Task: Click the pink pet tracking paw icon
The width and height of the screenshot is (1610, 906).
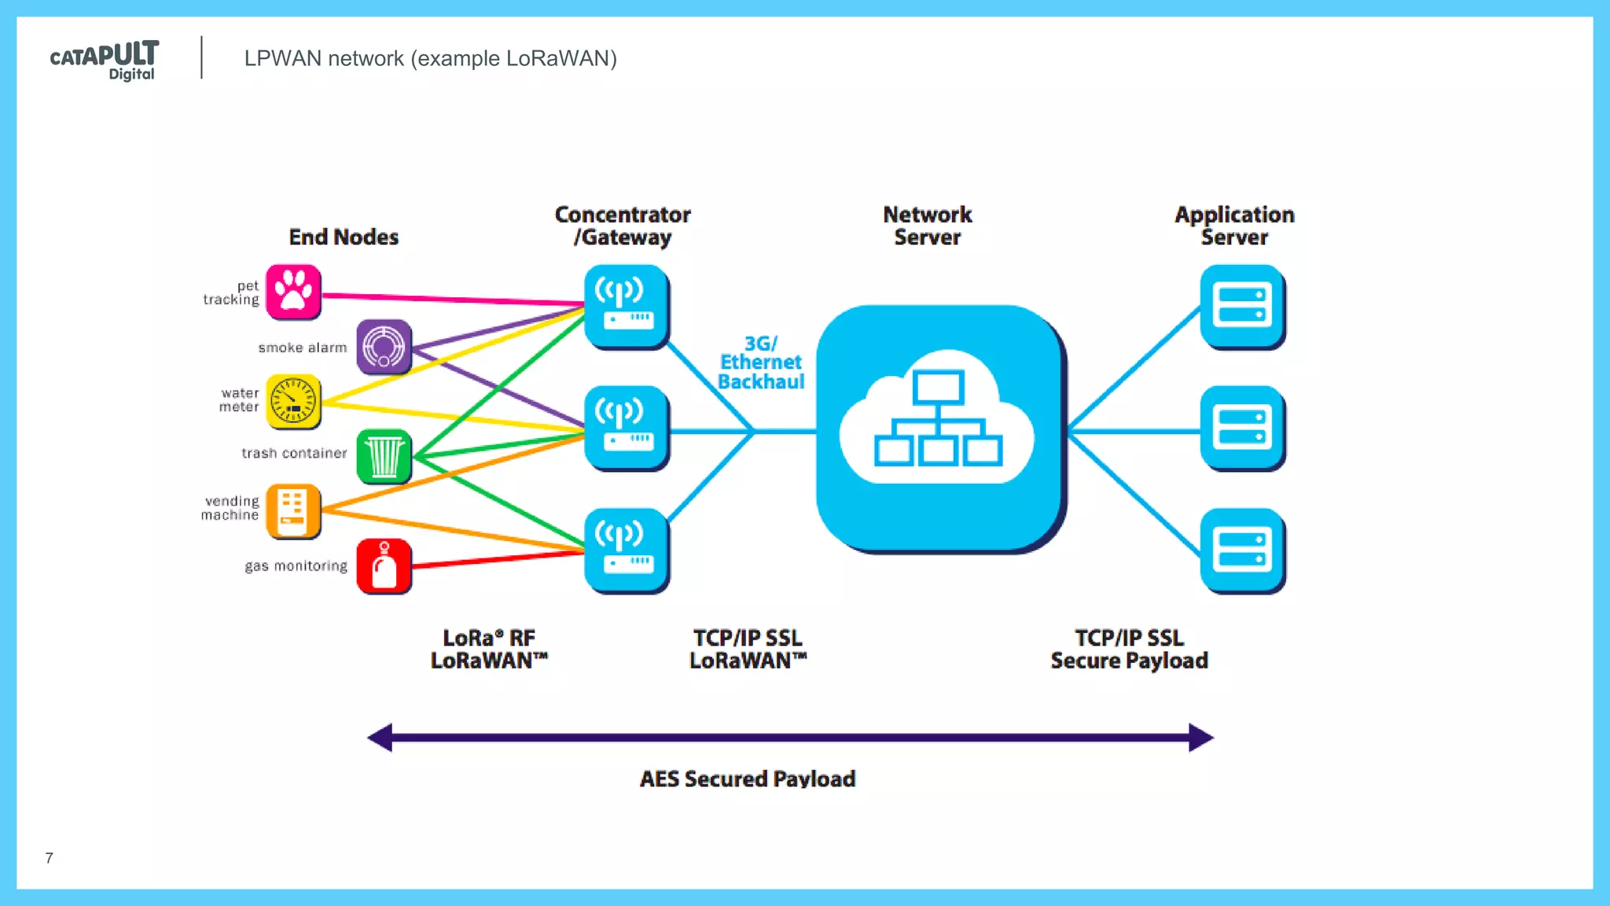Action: click(293, 292)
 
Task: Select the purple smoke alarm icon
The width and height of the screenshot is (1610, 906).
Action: click(384, 347)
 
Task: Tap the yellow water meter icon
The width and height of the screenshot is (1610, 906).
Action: click(293, 401)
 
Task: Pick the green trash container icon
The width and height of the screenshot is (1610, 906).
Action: click(384, 456)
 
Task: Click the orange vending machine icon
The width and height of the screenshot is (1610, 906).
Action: click(293, 511)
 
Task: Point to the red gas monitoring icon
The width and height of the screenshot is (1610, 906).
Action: click(384, 566)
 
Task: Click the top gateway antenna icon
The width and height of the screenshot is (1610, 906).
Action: click(627, 307)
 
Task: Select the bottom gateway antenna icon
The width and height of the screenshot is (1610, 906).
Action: click(627, 551)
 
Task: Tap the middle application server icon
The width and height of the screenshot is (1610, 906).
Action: click(1242, 428)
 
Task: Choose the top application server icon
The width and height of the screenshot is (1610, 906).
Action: click(1242, 307)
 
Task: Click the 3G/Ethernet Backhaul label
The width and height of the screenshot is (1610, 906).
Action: click(761, 363)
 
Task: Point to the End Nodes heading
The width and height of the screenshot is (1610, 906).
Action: click(344, 237)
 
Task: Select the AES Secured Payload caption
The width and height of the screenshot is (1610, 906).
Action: click(747, 779)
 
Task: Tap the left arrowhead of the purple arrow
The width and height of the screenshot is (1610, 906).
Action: click(380, 737)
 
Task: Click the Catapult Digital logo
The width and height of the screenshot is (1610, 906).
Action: click(105, 60)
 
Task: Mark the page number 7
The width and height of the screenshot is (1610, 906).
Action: click(50, 858)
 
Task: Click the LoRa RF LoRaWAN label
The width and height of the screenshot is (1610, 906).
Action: click(488, 649)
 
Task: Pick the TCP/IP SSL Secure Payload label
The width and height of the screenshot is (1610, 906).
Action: click(1129, 649)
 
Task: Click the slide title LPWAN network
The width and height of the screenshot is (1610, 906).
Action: click(430, 58)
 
